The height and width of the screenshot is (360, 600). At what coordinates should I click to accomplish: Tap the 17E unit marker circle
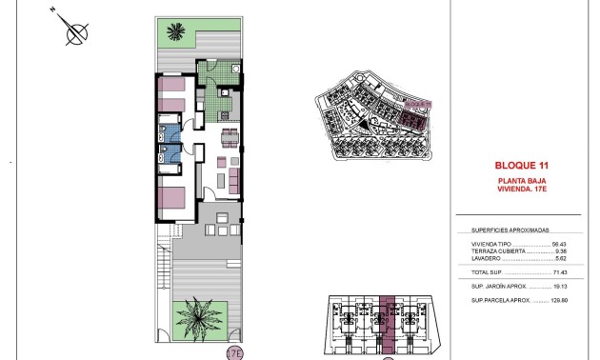pyautogui.click(x=234, y=352)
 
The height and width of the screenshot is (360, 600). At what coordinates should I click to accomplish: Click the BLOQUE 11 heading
pyautogui.click(x=519, y=163)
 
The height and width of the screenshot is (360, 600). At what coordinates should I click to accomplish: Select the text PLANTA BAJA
pyautogui.click(x=519, y=180)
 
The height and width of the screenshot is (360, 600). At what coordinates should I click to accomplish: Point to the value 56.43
pyautogui.click(x=559, y=244)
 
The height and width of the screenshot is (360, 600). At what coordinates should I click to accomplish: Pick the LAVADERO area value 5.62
pyautogui.click(x=560, y=258)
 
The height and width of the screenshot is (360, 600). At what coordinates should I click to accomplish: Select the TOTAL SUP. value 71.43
pyautogui.click(x=559, y=272)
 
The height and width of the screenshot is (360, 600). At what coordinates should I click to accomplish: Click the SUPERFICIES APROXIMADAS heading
pyautogui.click(x=510, y=230)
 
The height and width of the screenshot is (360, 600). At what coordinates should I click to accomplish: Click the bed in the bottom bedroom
pyautogui.click(x=172, y=199)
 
